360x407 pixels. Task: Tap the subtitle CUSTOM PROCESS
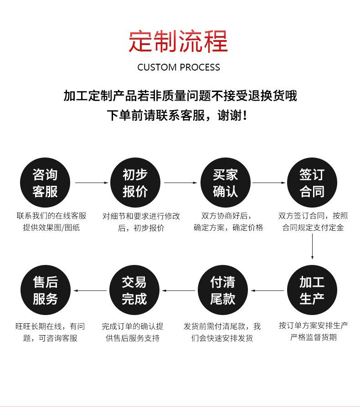(x=179, y=67)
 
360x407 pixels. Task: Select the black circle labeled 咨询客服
(x=45, y=183)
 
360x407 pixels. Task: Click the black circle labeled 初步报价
(x=135, y=183)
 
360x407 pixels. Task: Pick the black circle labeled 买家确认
(x=225, y=183)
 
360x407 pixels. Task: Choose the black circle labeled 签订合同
(x=312, y=183)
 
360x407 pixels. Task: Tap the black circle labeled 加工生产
(x=312, y=290)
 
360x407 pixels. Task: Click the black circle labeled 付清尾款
(x=223, y=290)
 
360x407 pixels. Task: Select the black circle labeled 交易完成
(x=134, y=290)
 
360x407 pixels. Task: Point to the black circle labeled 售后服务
(x=45, y=290)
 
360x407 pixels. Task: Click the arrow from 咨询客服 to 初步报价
(x=91, y=183)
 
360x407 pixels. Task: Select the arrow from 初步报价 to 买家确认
(x=180, y=183)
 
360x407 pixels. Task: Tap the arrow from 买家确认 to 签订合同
(x=269, y=183)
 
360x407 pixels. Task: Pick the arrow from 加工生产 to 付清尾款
(x=267, y=290)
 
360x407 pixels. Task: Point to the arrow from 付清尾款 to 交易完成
(x=179, y=290)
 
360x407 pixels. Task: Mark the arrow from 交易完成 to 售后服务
(x=90, y=290)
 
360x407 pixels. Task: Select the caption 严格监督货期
(x=314, y=337)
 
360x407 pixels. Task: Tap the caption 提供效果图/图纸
(x=51, y=228)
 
